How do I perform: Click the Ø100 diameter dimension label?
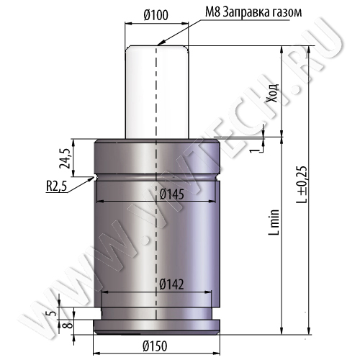point(156,15)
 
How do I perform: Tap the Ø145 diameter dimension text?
point(172,194)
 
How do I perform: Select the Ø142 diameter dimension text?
point(171,284)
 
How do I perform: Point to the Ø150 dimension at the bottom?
point(155,346)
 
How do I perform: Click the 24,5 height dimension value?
point(65,158)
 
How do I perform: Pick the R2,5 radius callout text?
point(56,186)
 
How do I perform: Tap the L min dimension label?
point(274,222)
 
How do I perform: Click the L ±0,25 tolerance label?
point(302,184)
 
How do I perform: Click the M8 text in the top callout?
point(212,12)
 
